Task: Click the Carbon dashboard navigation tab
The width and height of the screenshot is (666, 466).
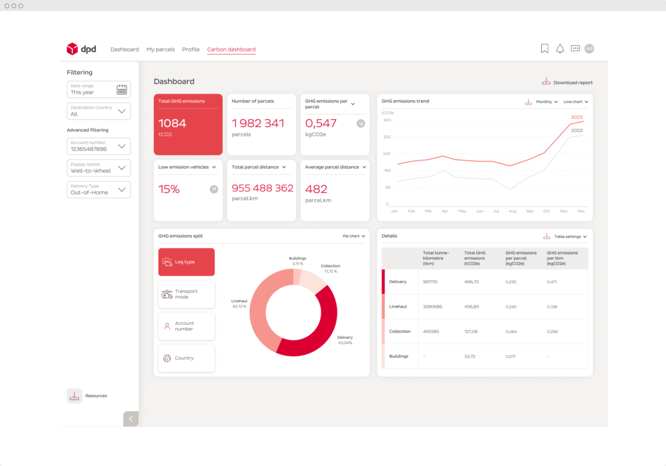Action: coord(231,49)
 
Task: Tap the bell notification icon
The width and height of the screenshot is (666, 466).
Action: coord(560,49)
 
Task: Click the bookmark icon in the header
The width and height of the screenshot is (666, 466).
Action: coord(544,49)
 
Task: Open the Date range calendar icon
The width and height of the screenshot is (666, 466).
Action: coord(122,89)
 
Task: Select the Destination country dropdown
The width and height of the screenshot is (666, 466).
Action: coord(99,111)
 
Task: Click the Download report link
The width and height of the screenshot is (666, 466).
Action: coord(568,82)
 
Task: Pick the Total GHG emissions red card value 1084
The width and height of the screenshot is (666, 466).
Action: coord(172,123)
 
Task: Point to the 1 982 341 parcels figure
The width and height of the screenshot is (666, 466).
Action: coord(258,123)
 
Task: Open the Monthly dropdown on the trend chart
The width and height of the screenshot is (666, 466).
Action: coord(547,102)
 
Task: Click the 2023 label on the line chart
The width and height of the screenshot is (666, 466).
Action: coord(577,117)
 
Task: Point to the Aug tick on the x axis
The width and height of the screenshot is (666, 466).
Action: coord(512,211)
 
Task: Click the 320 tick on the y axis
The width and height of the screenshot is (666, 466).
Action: coord(387,137)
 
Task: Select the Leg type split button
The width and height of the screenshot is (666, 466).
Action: coord(186,262)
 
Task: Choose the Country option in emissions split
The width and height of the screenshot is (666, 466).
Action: coord(186,358)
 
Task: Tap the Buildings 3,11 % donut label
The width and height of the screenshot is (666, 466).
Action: coord(298,261)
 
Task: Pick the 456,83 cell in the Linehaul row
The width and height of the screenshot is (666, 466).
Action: coord(471,307)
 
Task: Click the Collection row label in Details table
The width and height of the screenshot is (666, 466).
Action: coord(400,332)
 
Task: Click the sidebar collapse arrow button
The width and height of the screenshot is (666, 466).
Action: coord(131,419)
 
